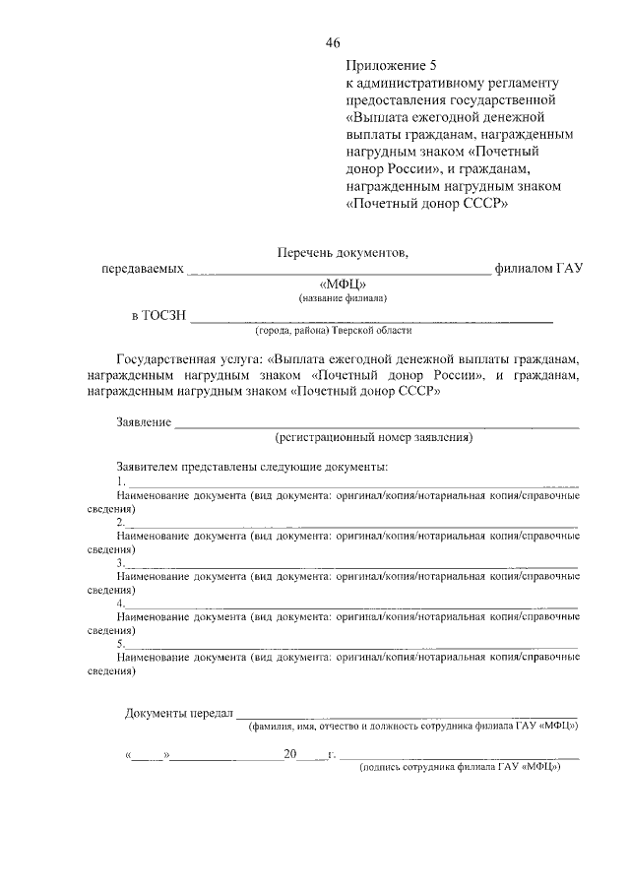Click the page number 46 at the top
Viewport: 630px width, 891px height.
[x=333, y=42]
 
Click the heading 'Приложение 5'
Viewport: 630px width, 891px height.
[x=390, y=65]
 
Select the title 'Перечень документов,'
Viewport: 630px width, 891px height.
[x=341, y=253]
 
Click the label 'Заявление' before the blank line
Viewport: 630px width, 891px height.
[x=144, y=422]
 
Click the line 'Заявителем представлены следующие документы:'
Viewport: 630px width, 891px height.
[x=252, y=466]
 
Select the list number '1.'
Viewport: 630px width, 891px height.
[x=120, y=480]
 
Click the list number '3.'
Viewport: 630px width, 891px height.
[x=120, y=562]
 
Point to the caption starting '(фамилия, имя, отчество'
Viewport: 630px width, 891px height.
[x=412, y=728]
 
